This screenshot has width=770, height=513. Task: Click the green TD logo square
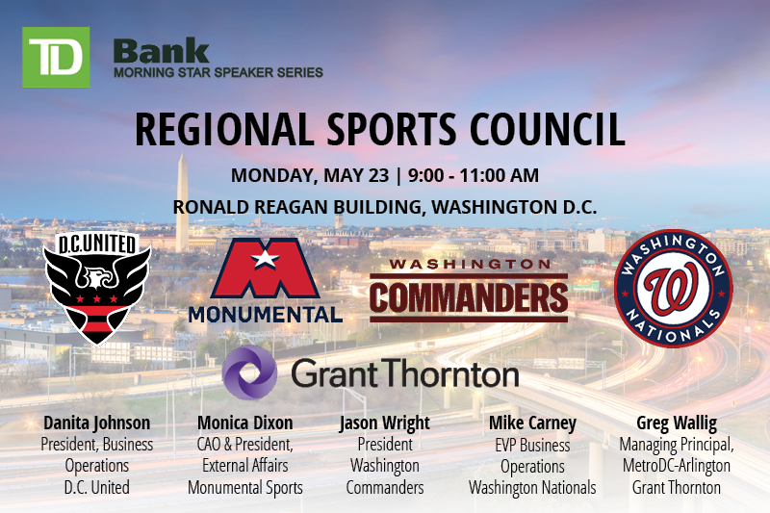(x=56, y=57)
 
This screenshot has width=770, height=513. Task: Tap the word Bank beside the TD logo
(x=162, y=52)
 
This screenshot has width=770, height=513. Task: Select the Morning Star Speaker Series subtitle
(x=218, y=72)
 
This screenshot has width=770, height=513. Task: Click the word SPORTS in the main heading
(x=392, y=129)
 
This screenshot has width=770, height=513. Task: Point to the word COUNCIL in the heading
(x=547, y=129)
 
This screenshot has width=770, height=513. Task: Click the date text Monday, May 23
(x=310, y=175)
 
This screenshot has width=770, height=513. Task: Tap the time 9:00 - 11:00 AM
(x=474, y=175)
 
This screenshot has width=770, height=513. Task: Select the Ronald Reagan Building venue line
(x=385, y=207)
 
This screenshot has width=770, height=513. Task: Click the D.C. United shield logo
(x=97, y=288)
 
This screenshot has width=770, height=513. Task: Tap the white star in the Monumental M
(x=266, y=259)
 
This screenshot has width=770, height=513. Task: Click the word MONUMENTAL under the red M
(x=266, y=315)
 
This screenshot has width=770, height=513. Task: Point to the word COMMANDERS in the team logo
(x=469, y=297)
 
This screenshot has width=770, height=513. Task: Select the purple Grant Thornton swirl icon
(x=249, y=372)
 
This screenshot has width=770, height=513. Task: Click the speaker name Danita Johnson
(x=97, y=423)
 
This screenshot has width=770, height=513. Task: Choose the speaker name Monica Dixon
(x=245, y=423)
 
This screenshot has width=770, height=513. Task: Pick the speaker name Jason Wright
(x=384, y=423)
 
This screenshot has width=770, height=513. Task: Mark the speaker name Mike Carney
(x=532, y=423)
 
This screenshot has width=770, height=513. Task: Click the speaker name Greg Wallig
(x=677, y=423)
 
